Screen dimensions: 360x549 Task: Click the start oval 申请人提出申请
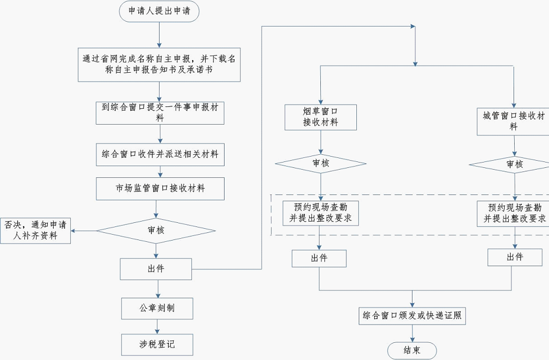click(x=159, y=11)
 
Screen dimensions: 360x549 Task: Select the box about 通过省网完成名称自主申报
click(x=160, y=64)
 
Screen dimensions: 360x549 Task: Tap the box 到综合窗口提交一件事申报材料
click(x=160, y=112)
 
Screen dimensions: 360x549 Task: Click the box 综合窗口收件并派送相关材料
click(x=160, y=154)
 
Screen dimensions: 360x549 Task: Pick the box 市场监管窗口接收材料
click(x=160, y=189)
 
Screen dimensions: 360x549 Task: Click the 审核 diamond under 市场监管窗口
click(x=156, y=231)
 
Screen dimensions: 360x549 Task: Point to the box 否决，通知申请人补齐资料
click(x=35, y=231)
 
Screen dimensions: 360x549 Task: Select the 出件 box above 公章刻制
click(x=156, y=269)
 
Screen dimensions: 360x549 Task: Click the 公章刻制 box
click(x=157, y=308)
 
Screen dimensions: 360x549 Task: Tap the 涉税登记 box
click(x=157, y=344)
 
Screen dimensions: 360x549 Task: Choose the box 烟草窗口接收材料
click(x=320, y=116)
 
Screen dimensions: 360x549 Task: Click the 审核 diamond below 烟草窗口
click(x=320, y=163)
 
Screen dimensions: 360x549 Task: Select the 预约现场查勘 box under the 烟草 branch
click(x=320, y=213)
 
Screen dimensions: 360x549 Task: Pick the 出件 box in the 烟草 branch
click(x=319, y=258)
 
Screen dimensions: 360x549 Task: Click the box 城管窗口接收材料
click(x=514, y=121)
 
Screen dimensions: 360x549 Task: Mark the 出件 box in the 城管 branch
click(x=514, y=257)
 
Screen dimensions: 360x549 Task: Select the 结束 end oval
click(x=412, y=350)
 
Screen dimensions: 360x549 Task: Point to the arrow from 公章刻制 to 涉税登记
click(x=157, y=326)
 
